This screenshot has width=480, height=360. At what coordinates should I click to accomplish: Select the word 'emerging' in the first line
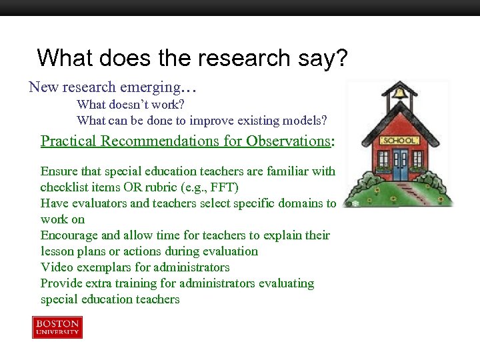point(158,87)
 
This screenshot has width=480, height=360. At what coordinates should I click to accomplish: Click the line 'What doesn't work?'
point(131,105)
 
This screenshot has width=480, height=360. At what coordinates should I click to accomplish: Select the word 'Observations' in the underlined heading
point(288,141)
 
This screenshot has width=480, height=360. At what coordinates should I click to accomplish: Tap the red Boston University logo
point(57,327)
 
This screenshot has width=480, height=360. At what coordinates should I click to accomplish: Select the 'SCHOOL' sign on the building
point(399,141)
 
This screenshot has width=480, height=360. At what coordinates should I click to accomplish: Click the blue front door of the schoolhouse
point(401,167)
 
